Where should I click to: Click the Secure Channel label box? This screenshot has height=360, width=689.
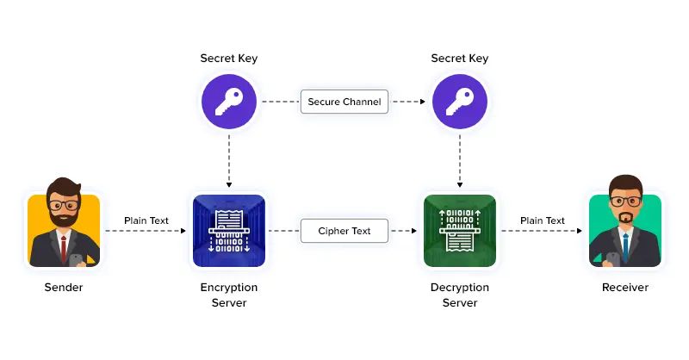[x=344, y=102]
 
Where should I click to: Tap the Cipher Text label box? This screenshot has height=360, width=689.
[x=344, y=231]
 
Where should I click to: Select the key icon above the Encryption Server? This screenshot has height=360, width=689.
[x=229, y=101]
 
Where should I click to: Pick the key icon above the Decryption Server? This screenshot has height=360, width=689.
[x=460, y=101]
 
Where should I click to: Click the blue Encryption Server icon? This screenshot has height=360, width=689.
[x=229, y=230]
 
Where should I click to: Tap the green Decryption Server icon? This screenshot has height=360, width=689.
[x=460, y=230]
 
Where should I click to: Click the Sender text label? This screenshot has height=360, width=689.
[x=63, y=288]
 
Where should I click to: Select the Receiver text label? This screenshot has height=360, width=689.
[x=625, y=288]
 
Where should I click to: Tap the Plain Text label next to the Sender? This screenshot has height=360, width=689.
[x=146, y=220]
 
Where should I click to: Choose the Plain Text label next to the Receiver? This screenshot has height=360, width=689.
[x=543, y=220]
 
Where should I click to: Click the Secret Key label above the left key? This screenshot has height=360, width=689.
[x=229, y=59]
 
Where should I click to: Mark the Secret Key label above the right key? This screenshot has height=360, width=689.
[x=460, y=59]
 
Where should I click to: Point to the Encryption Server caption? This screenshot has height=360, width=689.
[x=229, y=295]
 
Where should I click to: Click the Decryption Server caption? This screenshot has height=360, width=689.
[x=460, y=295]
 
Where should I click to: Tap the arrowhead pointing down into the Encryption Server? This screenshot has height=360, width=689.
[x=229, y=185]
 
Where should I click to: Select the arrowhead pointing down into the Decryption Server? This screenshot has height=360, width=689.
[x=460, y=185]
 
